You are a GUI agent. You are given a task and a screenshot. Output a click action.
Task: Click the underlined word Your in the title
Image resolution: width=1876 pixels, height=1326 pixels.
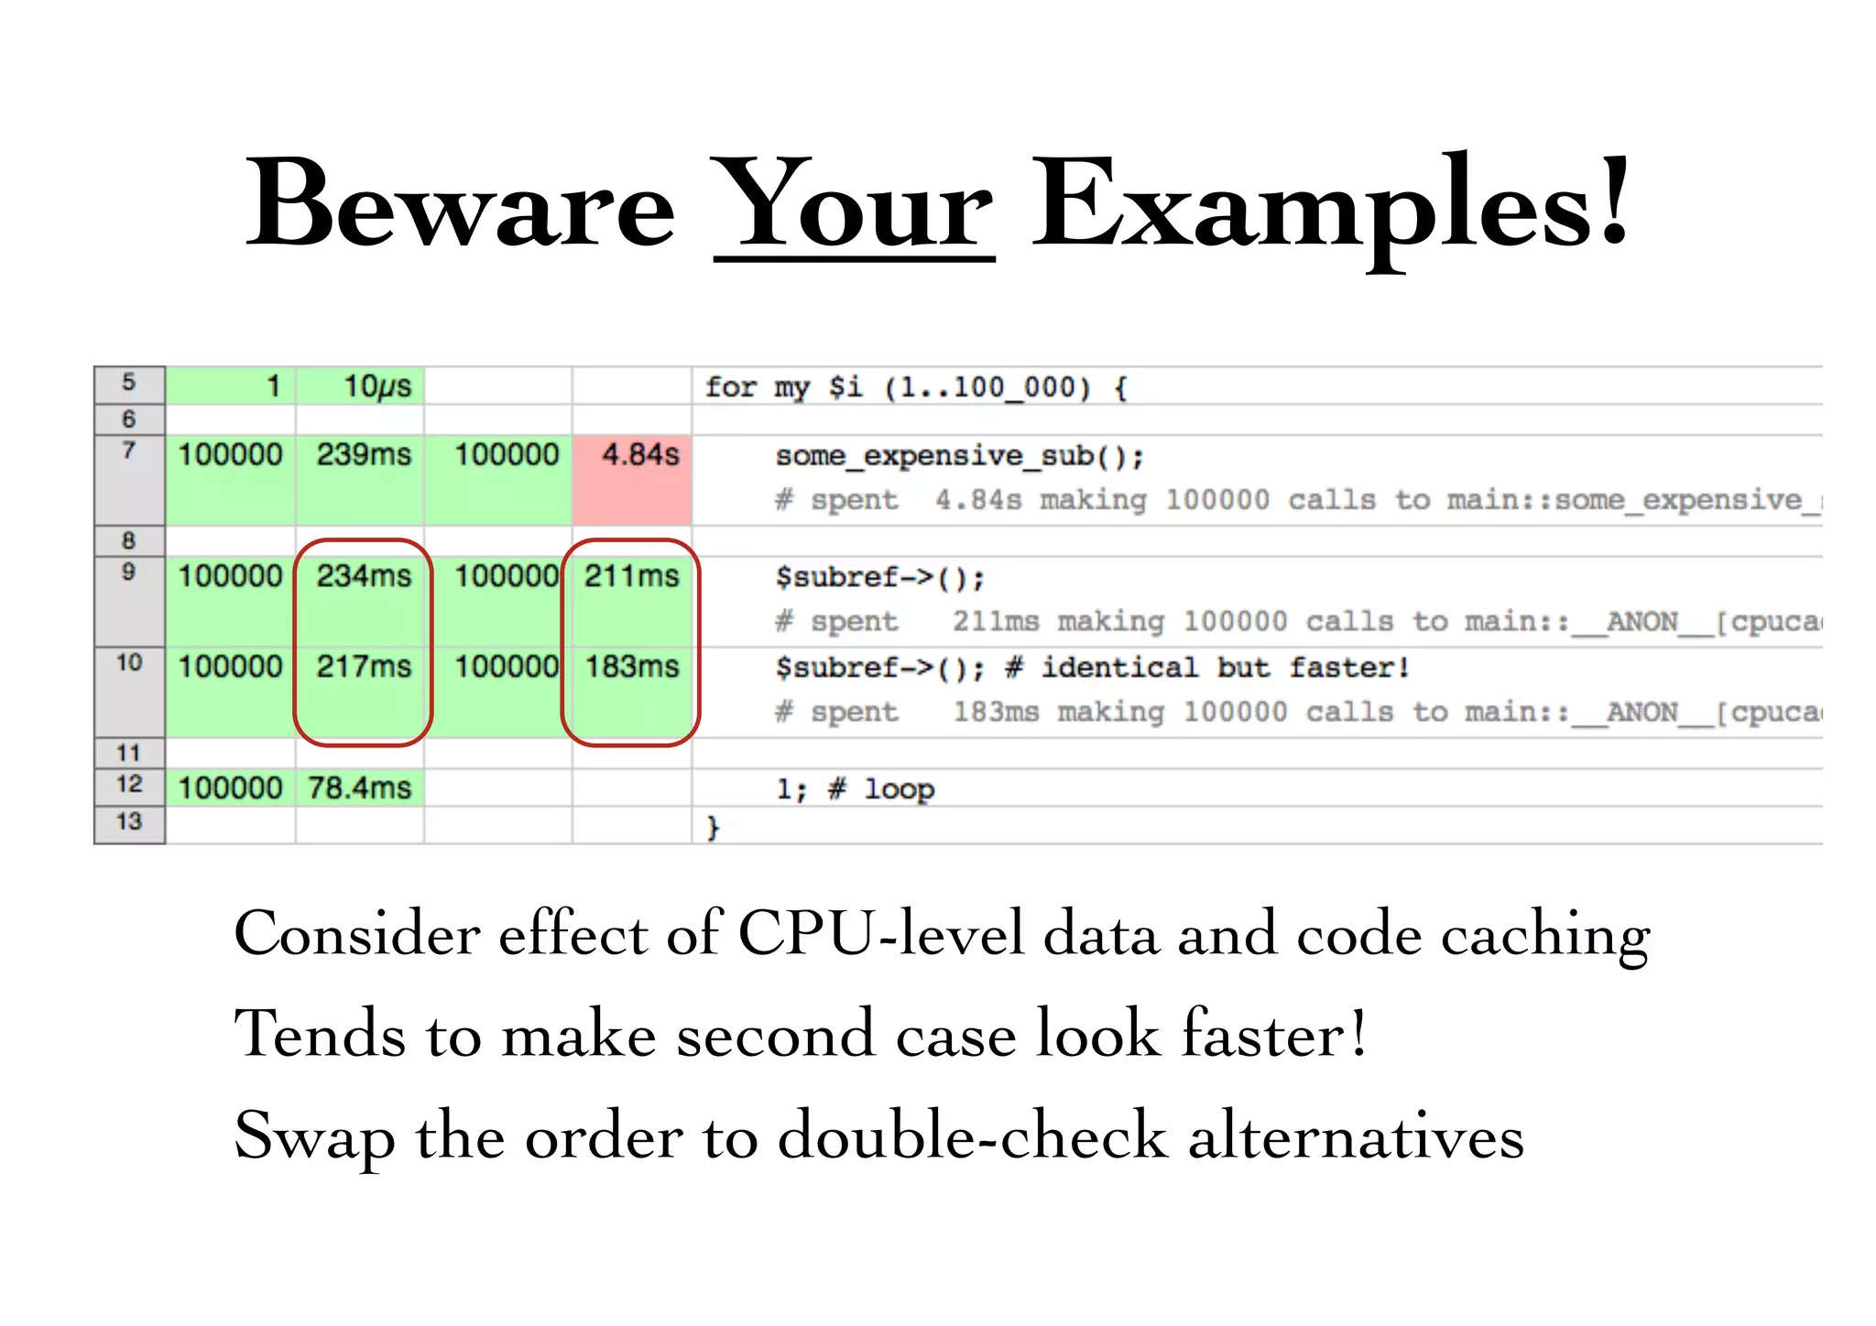tap(854, 206)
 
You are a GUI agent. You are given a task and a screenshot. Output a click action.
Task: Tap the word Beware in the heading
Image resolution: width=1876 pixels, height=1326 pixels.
tap(460, 206)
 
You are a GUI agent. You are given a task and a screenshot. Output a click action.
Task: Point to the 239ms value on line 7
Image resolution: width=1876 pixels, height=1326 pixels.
tap(364, 455)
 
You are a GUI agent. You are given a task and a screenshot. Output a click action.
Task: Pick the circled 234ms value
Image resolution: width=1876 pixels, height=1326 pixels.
tap(364, 577)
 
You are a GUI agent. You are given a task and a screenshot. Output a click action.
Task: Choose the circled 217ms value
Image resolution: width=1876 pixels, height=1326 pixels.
tap(364, 667)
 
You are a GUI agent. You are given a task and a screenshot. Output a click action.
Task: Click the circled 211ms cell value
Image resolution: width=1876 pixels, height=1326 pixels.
tap(632, 577)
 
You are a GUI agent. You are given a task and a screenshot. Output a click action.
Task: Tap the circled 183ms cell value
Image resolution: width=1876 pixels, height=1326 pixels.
tap(632, 667)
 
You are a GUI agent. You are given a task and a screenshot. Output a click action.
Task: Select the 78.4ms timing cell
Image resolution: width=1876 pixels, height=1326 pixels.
tap(359, 788)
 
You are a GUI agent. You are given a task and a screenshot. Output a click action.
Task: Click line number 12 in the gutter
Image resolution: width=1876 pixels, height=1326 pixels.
tap(129, 785)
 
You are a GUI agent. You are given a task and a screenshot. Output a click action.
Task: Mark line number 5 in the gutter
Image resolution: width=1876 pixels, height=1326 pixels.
tap(129, 383)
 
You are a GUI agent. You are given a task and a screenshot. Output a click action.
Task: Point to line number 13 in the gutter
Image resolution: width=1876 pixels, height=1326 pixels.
tap(129, 822)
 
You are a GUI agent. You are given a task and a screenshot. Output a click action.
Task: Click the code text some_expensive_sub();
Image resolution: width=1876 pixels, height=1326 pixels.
tap(959, 456)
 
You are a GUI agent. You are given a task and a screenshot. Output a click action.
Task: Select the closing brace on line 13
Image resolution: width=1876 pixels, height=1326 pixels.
tap(713, 828)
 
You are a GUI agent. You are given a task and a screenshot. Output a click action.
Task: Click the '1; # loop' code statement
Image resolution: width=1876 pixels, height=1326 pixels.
tap(855, 789)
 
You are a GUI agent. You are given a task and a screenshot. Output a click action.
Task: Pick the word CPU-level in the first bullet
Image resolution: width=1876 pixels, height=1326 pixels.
tap(880, 934)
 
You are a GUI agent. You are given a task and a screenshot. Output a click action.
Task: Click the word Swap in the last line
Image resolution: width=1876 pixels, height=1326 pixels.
tap(314, 1136)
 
